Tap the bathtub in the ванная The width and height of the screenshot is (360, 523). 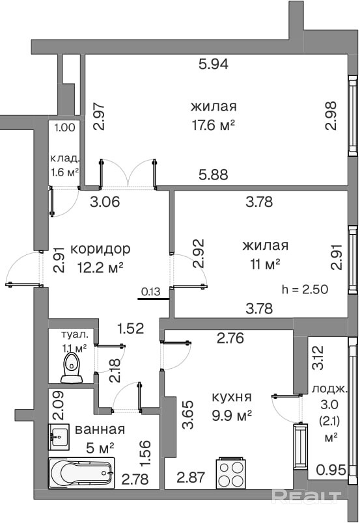pos(82,473)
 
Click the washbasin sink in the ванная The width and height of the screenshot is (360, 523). pos(59,436)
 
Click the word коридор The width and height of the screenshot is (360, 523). pos(100,249)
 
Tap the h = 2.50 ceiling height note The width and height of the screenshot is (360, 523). pos(305,289)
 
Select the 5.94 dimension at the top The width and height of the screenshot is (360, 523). pos(214,64)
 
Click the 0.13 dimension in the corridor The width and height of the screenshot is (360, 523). pos(150,291)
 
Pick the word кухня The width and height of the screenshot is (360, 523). pos(232,397)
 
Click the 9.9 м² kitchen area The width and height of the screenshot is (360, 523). pos(232,416)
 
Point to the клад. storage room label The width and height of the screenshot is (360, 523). pos(65,158)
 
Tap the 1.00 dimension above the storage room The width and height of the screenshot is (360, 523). pos(65,127)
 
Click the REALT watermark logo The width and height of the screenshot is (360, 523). pos(306,497)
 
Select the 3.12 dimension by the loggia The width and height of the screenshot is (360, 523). pos(318,358)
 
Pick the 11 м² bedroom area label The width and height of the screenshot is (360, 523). pos(265,265)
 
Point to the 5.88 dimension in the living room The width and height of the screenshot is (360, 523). pos(214,174)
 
